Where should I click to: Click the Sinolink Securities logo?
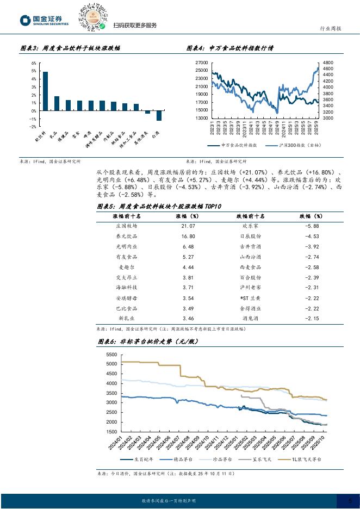click(44, 21)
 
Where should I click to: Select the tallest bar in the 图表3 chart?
click(45, 91)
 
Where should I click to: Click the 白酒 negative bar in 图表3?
click(159, 115)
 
